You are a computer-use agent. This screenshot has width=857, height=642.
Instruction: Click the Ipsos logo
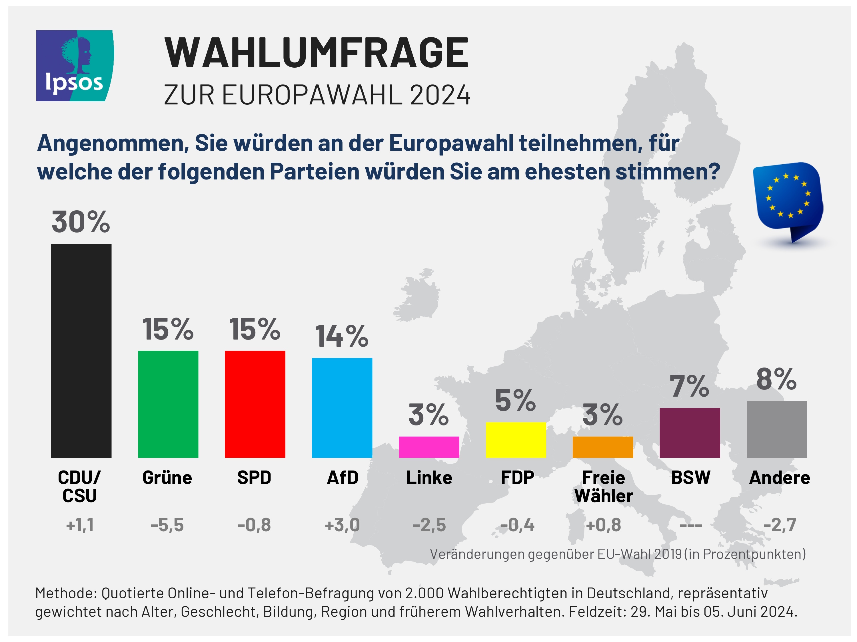(75, 66)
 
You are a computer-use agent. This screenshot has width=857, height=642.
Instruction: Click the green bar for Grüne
(168, 404)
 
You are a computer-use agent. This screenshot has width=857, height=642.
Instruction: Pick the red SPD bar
(255, 404)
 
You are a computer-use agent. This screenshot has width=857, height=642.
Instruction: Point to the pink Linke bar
(429, 447)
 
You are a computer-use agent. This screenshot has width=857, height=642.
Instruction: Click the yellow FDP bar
(516, 440)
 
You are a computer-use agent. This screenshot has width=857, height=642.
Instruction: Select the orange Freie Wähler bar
(602, 447)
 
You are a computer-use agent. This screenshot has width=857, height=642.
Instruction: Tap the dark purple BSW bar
(690, 433)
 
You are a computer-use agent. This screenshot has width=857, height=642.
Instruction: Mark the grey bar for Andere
(776, 429)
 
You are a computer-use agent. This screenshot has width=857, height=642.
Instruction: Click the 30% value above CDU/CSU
(81, 223)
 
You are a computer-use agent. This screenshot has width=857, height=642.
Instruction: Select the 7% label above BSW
(689, 386)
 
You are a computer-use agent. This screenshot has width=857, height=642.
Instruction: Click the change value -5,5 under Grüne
(167, 525)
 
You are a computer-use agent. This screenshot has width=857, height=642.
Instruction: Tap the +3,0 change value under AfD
(342, 525)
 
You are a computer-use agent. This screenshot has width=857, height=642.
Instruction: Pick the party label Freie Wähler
(603, 486)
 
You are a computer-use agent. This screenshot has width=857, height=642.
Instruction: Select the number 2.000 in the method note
(424, 593)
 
